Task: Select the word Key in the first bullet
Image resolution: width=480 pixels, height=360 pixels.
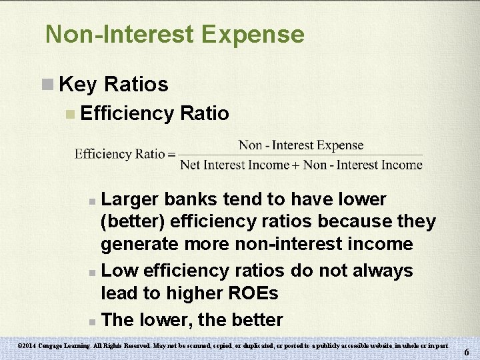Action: coord(79,85)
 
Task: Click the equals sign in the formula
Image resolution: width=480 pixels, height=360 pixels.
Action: coord(171,155)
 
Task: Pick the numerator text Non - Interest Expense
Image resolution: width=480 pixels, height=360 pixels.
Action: coord(301,145)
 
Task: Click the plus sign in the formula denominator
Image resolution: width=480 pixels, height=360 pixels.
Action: coord(296,165)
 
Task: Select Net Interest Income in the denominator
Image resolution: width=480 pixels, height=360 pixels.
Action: coord(235,165)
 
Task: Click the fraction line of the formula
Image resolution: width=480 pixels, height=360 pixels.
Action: coord(301,155)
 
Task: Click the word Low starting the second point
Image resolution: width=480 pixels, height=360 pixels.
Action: coord(119,271)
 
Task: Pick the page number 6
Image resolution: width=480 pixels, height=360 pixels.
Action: coord(467,352)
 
